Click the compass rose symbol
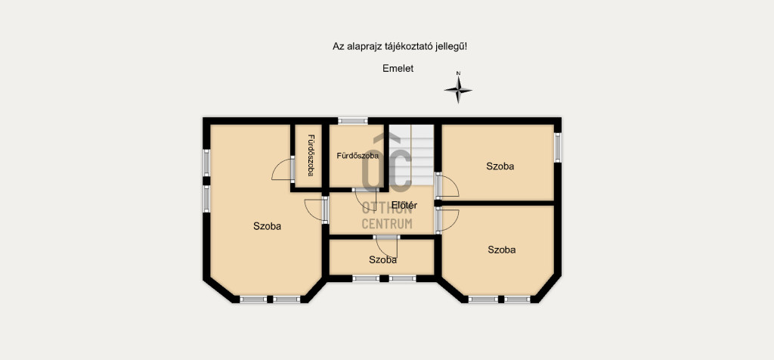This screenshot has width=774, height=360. click(458, 90)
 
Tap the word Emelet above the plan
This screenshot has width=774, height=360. click(398, 69)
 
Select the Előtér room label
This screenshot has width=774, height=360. click(405, 205)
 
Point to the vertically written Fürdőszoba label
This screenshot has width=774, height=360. click(311, 156)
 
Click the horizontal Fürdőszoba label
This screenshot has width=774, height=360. click(358, 156)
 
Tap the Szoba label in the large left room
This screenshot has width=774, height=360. click(267, 227)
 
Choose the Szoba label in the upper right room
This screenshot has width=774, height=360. click(500, 166)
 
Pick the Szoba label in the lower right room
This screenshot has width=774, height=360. click(502, 250)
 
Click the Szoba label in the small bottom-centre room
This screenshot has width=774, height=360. click(382, 259)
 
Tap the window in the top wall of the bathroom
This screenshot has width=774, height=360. click(353, 120)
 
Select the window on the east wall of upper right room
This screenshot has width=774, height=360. click(557, 147)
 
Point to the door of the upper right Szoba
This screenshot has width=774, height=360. click(447, 186)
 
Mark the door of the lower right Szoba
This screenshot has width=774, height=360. click(447, 219)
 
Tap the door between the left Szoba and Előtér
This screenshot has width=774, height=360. click(317, 209)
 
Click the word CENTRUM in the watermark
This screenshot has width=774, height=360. click(387, 224)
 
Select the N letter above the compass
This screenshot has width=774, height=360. click(458, 73)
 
